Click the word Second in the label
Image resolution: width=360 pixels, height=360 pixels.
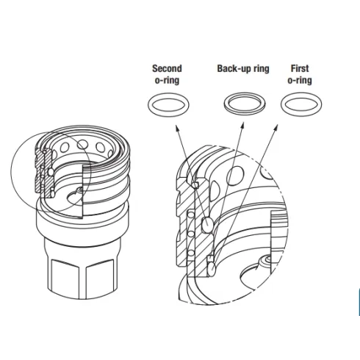(167, 68)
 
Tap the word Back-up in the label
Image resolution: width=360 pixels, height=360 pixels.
(234, 68)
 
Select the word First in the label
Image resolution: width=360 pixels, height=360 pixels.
(300, 68)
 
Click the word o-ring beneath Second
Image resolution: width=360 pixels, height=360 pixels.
(167, 80)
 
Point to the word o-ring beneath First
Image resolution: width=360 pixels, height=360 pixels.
(300, 80)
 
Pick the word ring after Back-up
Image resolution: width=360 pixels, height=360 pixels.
(262, 69)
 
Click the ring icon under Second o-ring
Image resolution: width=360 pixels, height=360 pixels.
(149, 105)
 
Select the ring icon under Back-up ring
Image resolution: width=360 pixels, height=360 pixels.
(226, 105)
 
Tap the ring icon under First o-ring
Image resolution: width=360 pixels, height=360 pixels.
(283, 104)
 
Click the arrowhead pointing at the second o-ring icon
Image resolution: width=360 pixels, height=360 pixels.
(176, 128)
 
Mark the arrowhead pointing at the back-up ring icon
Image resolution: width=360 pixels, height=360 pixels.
(242, 126)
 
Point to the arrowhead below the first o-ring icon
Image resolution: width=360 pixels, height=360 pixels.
(276, 127)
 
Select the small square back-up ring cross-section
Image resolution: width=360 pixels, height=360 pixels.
(210, 258)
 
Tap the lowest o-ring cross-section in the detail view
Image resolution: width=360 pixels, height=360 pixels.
(212, 268)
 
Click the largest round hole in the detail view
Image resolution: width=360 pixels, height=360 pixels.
(235, 176)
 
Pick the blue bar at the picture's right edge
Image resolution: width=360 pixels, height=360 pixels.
(359, 302)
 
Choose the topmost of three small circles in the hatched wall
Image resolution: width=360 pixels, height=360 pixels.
(191, 215)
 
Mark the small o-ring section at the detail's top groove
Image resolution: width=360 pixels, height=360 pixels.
(195, 185)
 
